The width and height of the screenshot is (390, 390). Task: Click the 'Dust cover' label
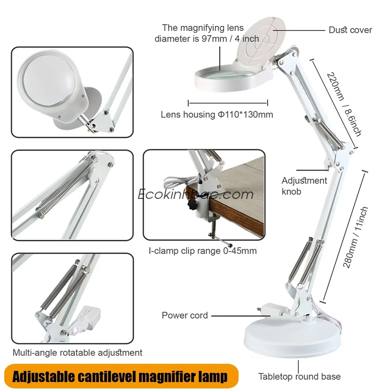(x=350, y=30)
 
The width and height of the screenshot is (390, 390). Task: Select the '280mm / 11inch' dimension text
(x=355, y=237)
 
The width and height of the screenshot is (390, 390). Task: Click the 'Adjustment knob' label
(x=304, y=186)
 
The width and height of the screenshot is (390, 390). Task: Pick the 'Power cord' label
(x=185, y=315)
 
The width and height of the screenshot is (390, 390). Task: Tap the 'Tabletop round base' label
(x=299, y=376)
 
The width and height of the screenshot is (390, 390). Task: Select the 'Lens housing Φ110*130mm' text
(x=216, y=115)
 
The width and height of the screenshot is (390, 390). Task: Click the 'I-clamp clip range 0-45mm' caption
(x=202, y=251)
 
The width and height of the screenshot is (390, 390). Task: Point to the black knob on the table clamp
(x=192, y=205)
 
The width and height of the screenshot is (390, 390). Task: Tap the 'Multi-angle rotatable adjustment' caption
(x=78, y=352)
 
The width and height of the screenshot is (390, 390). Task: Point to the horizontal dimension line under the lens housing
(x=228, y=103)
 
